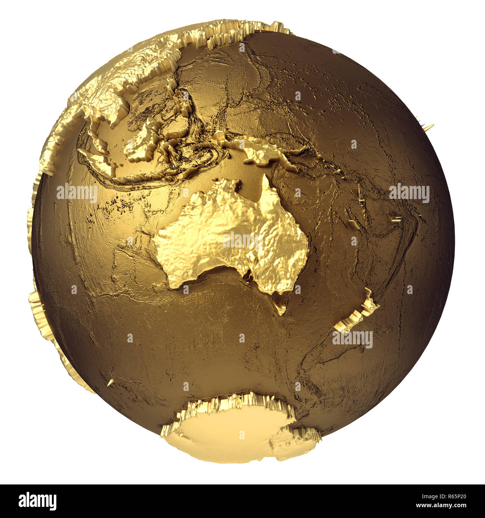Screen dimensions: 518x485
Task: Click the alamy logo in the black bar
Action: point(37,501)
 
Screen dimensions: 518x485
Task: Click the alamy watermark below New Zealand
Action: point(352,339)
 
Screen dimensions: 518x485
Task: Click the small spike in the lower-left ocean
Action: point(110,382)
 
